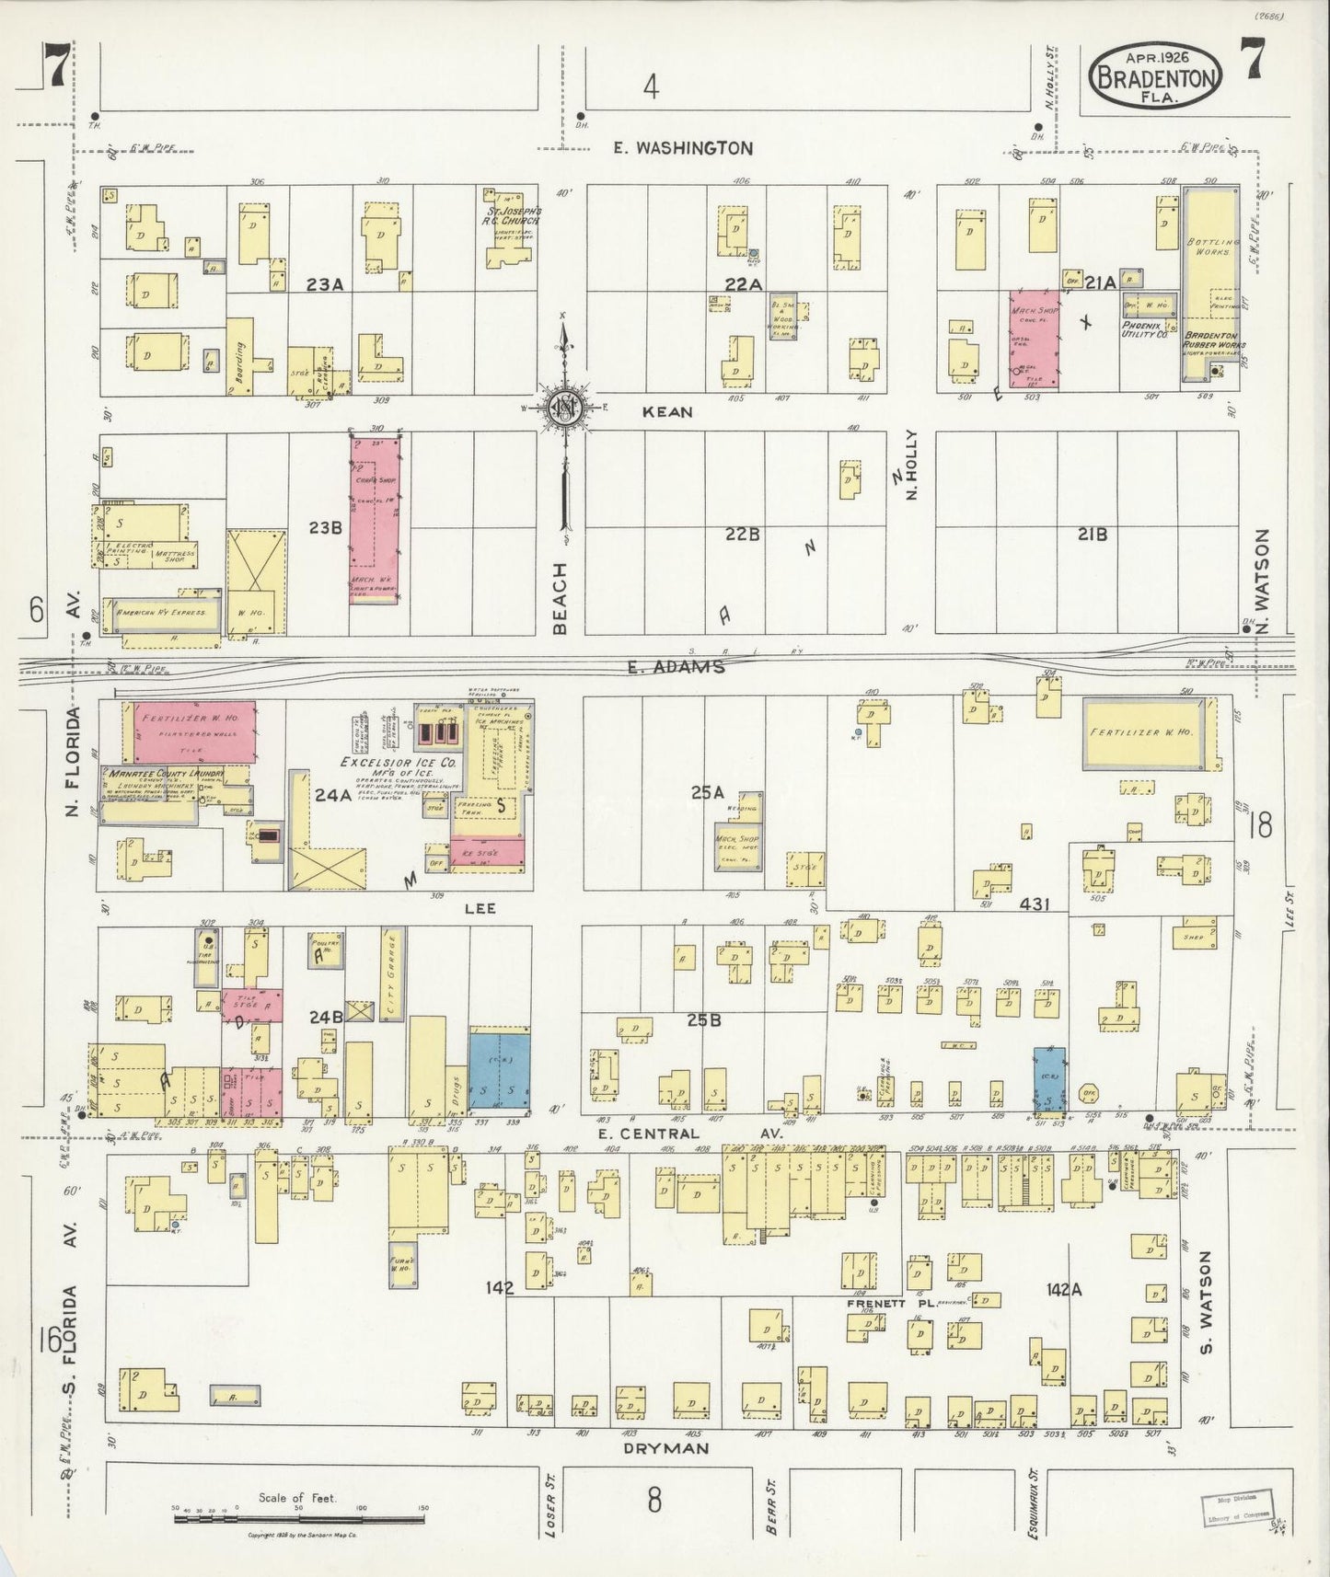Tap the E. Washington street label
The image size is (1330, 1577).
[683, 147]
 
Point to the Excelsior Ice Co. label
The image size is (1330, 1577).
[399, 763]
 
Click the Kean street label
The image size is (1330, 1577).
[667, 412]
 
